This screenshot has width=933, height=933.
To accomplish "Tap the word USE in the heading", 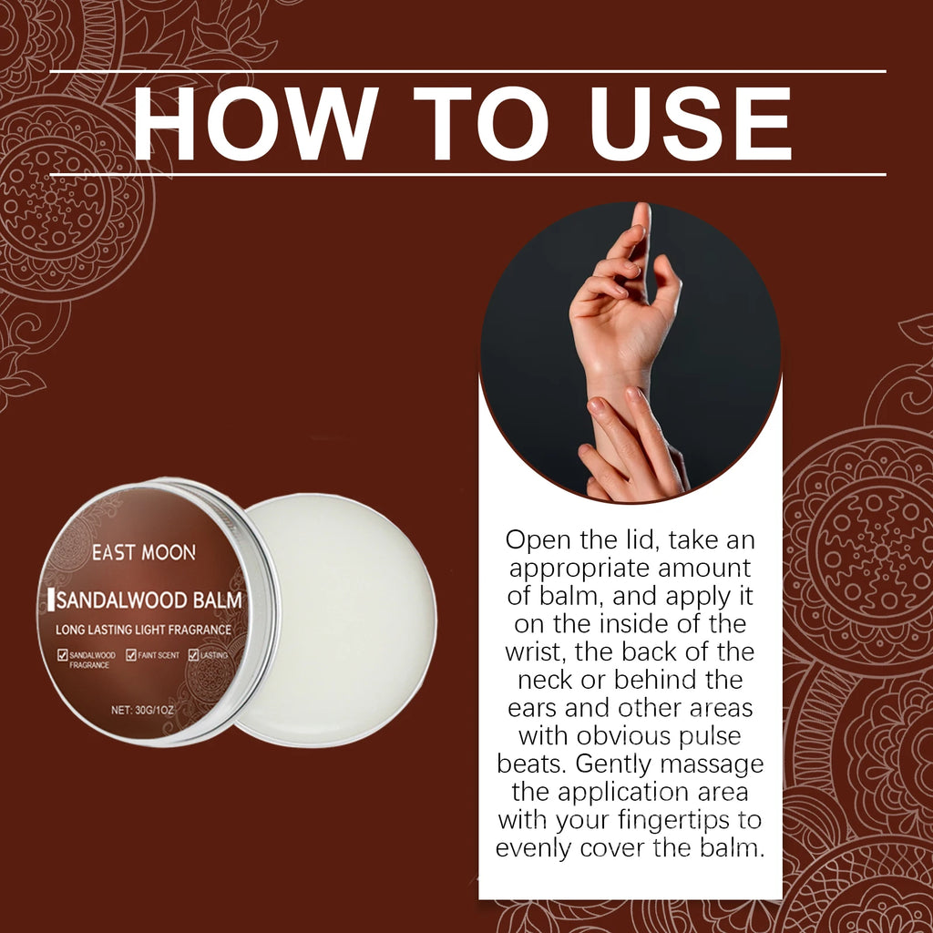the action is tap(690, 124).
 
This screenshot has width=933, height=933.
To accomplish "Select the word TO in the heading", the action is tap(481, 124).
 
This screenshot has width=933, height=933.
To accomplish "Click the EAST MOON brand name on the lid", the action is tap(143, 552).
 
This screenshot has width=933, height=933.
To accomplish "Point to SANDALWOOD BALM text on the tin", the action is tap(149, 600).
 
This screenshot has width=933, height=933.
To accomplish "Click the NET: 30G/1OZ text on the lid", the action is tap(142, 710).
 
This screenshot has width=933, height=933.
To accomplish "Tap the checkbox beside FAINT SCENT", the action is tap(131, 655).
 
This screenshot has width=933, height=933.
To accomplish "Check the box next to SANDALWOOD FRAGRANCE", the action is tap(63, 655).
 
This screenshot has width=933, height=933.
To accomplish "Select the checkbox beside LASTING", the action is tap(193, 655).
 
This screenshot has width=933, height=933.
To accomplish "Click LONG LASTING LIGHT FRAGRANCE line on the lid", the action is tap(143, 630).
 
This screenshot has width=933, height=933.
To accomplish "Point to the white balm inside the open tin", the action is tap(343, 619).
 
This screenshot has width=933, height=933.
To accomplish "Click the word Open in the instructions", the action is tap(538, 540).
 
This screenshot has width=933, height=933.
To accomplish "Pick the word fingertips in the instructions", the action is tap(674, 821).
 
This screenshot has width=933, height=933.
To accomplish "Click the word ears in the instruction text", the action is tap(532, 709).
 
